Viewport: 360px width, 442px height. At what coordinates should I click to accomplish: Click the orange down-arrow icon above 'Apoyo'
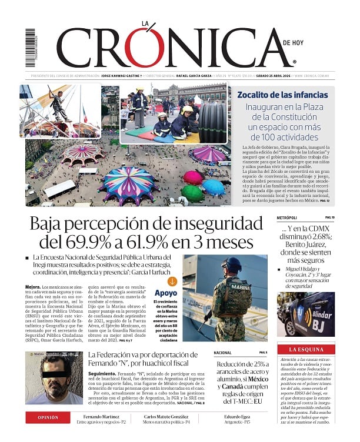coord(172,281)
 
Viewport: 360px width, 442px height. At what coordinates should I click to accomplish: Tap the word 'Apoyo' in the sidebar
coord(166,293)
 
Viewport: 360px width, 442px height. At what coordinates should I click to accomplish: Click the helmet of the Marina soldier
coord(232,264)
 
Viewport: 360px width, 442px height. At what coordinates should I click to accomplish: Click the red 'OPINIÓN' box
coord(48,417)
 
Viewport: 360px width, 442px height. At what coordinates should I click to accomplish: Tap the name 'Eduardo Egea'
coord(236,415)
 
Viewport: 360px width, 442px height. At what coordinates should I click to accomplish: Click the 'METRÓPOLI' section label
coord(289,218)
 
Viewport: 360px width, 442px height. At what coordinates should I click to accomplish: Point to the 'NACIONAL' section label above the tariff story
coord(222,353)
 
